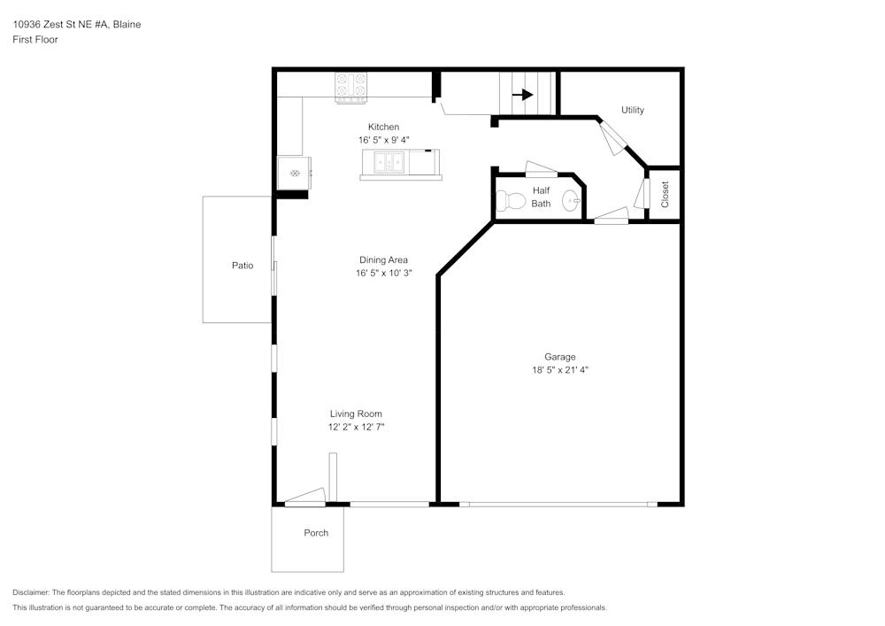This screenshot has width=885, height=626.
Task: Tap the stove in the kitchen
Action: pyautogui.click(x=351, y=87)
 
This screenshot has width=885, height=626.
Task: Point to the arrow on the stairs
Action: pyautogui.click(x=522, y=95)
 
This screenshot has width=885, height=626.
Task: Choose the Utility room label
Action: pyautogui.click(x=633, y=110)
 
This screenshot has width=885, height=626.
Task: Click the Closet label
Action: pyautogui.click(x=666, y=195)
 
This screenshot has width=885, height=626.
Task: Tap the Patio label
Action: pyautogui.click(x=242, y=266)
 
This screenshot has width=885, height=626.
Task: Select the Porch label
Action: pyautogui.click(x=316, y=533)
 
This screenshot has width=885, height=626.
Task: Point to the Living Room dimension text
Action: pyautogui.click(x=356, y=427)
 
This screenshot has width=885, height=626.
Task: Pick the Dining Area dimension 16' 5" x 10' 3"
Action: pyautogui.click(x=383, y=274)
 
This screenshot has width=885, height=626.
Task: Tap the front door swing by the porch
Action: pyautogui.click(x=305, y=498)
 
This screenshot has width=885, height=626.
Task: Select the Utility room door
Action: pyautogui.click(x=613, y=137)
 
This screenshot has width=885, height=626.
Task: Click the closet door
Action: pyautogui.click(x=643, y=192)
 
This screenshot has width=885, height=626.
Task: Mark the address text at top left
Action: pyautogui.click(x=76, y=25)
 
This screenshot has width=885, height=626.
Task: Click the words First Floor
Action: pyautogui.click(x=35, y=40)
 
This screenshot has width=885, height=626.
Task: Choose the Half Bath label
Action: pyautogui.click(x=541, y=197)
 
